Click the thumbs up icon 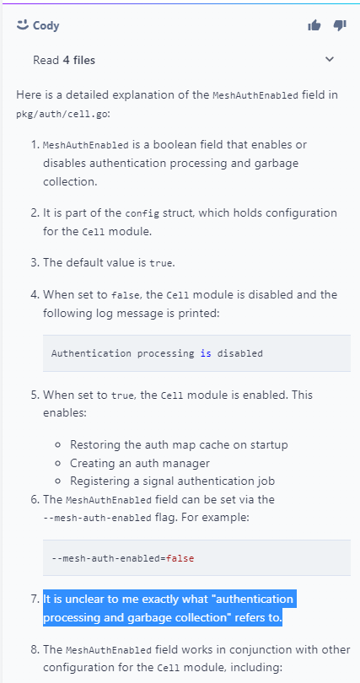[314, 25]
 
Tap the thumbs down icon [340, 25]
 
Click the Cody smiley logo [22, 25]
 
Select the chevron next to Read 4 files [330, 59]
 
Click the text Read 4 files [64, 60]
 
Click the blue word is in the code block [206, 353]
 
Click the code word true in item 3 [161, 264]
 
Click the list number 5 [35, 395]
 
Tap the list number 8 [35, 649]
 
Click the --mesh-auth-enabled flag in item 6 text [98, 518]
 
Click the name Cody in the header [46, 25]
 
